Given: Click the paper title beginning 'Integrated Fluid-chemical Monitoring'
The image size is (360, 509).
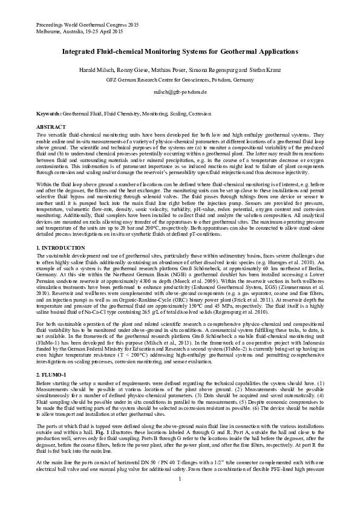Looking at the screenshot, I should click(x=180, y=52).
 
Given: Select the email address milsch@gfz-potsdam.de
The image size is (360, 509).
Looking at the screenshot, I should click(x=180, y=92).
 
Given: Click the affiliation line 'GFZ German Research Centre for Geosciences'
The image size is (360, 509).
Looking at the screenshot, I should click(x=180, y=80).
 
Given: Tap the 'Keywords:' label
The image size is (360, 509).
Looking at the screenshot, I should click(x=49, y=114).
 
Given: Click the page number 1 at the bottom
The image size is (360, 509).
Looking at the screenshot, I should click(x=180, y=496).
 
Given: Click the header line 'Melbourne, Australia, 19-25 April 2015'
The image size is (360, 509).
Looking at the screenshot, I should click(x=76, y=30).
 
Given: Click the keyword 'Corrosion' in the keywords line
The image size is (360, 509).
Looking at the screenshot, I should click(x=199, y=114).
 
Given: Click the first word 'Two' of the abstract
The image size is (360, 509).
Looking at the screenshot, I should click(x=41, y=134).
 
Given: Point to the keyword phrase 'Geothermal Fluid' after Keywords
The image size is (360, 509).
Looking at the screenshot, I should click(x=82, y=114).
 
